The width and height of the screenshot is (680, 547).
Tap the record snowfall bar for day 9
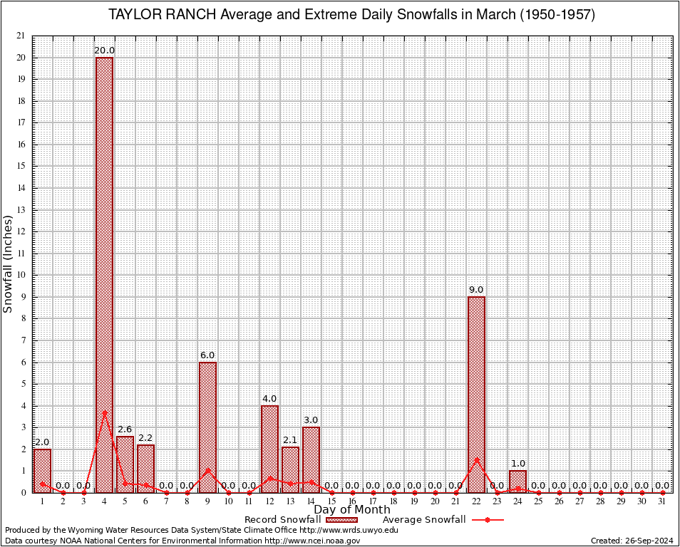pyautogui.click(x=207, y=427)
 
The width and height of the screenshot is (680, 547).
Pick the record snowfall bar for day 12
pyautogui.click(x=269, y=449)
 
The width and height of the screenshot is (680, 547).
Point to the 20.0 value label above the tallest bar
pyautogui.click(x=104, y=50)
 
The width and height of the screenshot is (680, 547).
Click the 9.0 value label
pyautogui.click(x=476, y=289)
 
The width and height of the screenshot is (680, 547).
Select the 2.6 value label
pyautogui.click(x=125, y=429)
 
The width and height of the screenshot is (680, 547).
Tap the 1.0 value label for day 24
pyautogui.click(x=517, y=464)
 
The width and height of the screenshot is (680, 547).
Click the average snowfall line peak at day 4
pyautogui.click(x=104, y=411)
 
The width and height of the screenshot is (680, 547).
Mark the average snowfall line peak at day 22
pyautogui.click(x=476, y=459)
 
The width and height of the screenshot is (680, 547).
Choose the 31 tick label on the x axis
pyautogui.click(x=662, y=501)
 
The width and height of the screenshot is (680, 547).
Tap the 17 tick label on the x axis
pyautogui.click(x=373, y=501)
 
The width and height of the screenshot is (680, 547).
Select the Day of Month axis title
pyautogui.click(x=351, y=510)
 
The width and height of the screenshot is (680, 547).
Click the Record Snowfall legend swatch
pyautogui.click(x=341, y=520)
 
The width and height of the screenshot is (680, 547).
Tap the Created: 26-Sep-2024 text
pyautogui.click(x=632, y=541)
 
